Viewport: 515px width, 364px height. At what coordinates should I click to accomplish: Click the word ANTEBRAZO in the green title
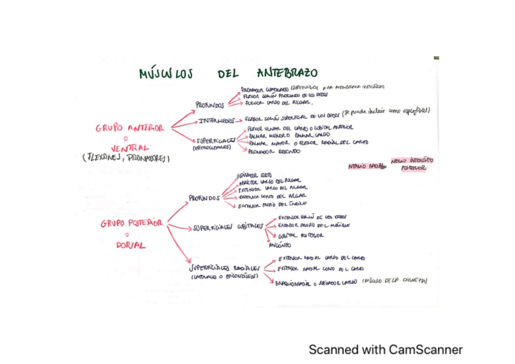[287, 73]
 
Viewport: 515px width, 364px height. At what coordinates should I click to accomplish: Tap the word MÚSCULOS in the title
[165, 74]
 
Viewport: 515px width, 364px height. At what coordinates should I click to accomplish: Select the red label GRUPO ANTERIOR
[129, 128]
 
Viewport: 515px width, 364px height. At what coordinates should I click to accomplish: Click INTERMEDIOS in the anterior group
[214, 120]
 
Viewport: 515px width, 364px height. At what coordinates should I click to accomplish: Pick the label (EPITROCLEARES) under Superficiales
[212, 147]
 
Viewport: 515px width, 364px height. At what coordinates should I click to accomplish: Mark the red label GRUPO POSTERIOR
[132, 224]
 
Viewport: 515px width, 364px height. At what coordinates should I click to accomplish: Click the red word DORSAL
[131, 246]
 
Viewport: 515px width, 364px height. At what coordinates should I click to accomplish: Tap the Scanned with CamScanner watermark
[385, 349]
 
